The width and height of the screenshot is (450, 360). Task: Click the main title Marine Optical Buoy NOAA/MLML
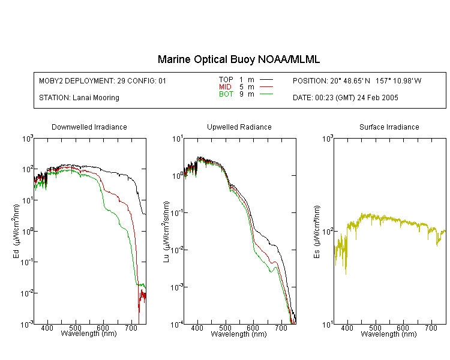click(238, 59)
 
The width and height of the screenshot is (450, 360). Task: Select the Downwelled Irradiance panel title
click(89, 127)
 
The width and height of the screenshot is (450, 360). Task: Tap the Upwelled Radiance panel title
click(239, 127)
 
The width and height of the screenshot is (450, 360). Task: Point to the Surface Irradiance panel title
click(389, 127)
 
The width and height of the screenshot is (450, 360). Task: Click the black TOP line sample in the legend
click(266, 80)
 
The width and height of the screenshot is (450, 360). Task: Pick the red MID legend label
click(225, 86)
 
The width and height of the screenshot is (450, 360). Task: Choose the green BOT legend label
click(226, 94)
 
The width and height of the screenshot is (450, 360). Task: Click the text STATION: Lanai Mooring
click(79, 98)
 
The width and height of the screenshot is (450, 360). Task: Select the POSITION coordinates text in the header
click(357, 81)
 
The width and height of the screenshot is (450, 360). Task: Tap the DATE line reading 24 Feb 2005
click(345, 98)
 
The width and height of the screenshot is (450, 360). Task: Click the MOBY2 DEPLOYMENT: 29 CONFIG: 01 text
click(103, 81)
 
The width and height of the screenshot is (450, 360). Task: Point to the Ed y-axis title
click(16, 231)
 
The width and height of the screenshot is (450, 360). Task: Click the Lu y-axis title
click(166, 232)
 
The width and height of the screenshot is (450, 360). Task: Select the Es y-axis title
click(316, 232)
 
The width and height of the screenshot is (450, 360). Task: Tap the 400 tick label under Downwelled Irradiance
click(47, 328)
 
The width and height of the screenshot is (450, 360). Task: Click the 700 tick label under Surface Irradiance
click(431, 328)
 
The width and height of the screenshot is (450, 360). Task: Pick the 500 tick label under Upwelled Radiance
click(225, 328)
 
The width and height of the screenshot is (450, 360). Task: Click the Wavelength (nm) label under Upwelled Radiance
click(239, 334)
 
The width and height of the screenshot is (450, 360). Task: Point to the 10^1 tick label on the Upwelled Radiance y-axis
click(177, 139)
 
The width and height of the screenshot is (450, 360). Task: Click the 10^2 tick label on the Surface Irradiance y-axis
click(328, 232)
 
